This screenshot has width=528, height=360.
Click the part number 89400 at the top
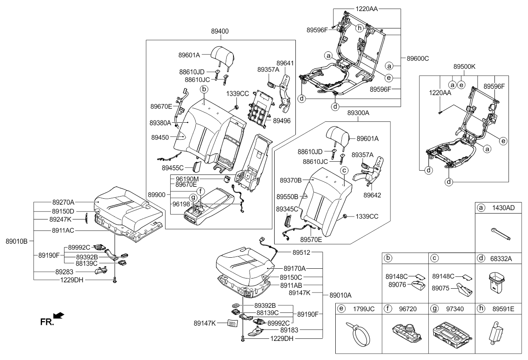[x=219, y=31]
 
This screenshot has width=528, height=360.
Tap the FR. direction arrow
[x=59, y=315]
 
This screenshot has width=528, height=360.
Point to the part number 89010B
[x=17, y=241]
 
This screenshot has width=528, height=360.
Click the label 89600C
[x=418, y=58]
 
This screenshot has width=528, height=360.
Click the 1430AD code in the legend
[x=503, y=208]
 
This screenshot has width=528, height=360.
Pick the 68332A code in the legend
[x=503, y=258]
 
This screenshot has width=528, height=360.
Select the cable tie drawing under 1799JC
[x=358, y=336]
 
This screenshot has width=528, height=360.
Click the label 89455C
[x=173, y=168]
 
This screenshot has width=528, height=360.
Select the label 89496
[x=281, y=121]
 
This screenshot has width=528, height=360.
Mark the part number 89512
[x=301, y=252]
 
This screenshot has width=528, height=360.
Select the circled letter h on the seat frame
[x=359, y=28]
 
